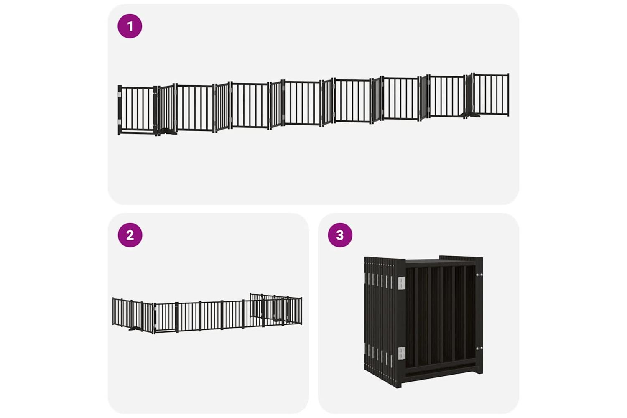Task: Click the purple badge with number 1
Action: point(130,26)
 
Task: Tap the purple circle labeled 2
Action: point(130,235)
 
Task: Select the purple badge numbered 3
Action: point(340,235)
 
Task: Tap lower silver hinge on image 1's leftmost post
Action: point(120,122)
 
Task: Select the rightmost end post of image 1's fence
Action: point(508,94)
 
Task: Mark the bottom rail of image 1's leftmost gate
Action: point(138,132)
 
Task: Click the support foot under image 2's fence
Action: point(134,329)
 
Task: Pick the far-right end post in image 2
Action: point(301,311)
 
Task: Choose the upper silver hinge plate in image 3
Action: point(402,283)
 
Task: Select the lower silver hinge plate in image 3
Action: point(402,353)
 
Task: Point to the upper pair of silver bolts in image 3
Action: point(479,275)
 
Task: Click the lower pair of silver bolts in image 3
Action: point(479,349)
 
